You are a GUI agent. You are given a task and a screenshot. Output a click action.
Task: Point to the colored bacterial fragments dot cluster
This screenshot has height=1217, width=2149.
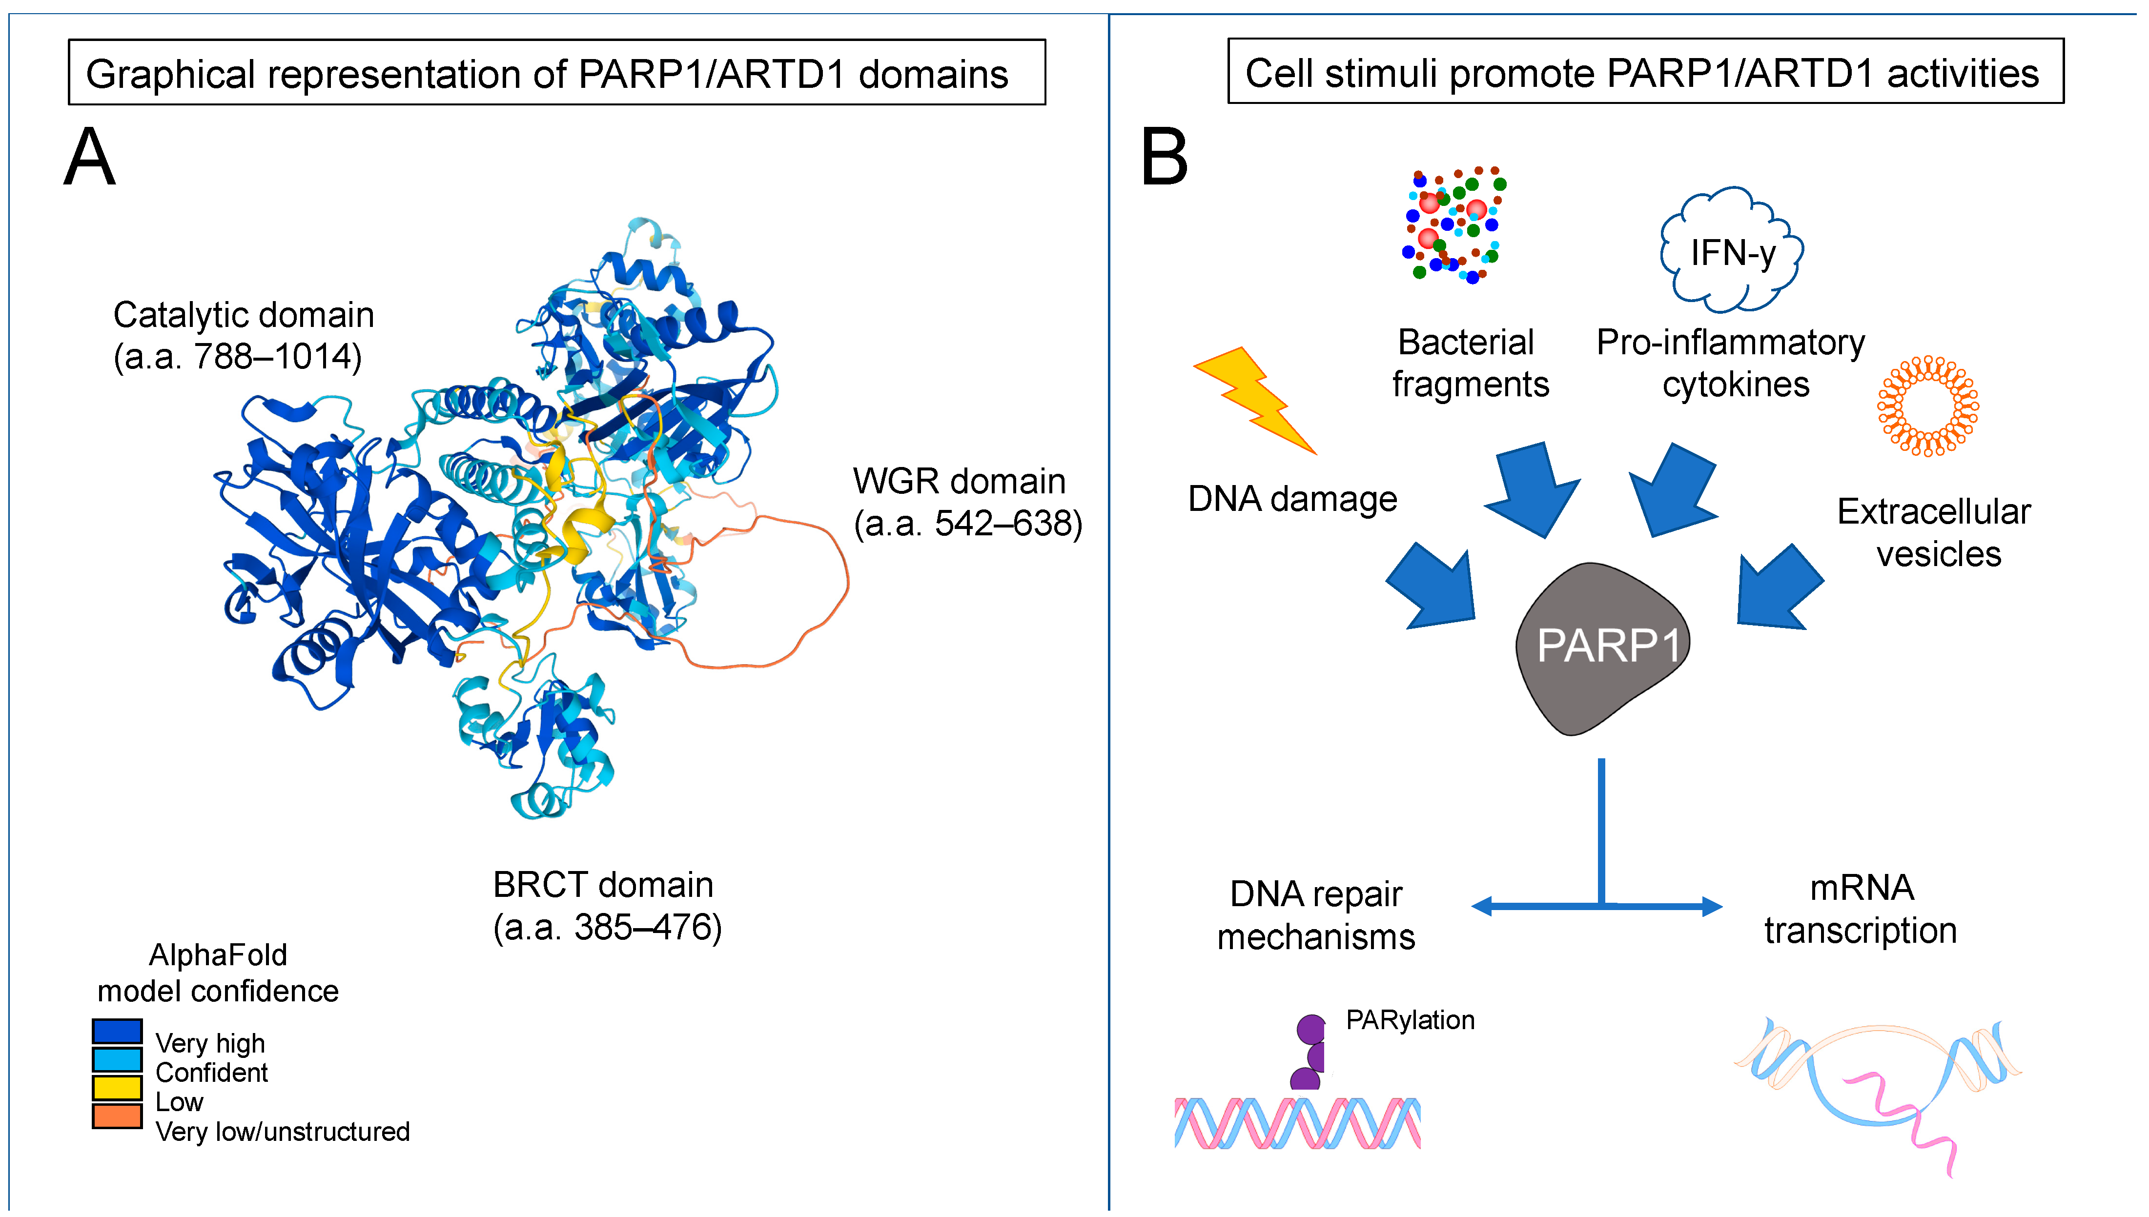coord(1453,224)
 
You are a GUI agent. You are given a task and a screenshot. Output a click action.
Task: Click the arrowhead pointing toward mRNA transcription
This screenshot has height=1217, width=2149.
coord(1711,906)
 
